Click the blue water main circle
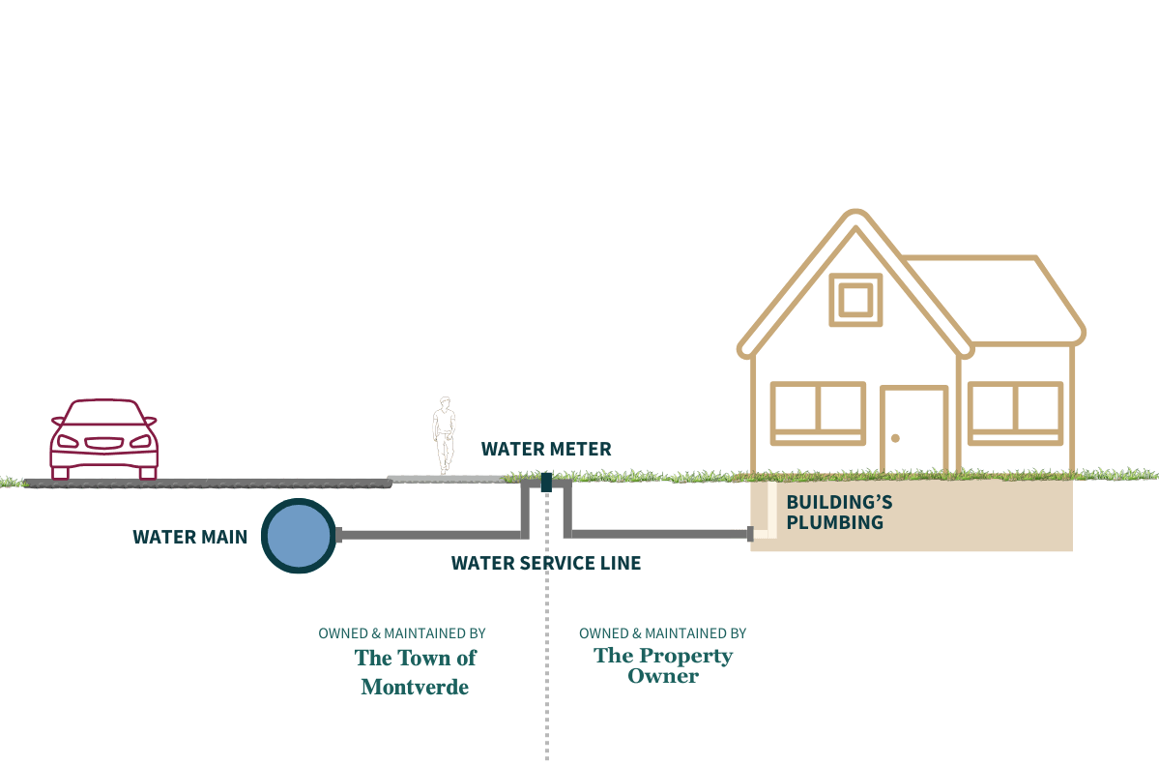click(299, 536)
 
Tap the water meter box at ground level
click(546, 481)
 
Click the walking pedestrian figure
click(444, 434)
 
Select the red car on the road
click(103, 439)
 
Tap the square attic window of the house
click(855, 300)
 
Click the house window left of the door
click(818, 413)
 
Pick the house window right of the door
click(1015, 413)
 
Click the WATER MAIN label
click(190, 537)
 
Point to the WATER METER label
click(546, 449)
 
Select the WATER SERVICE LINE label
click(545, 563)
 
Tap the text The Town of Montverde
click(415, 672)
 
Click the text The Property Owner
click(663, 665)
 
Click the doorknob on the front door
click(895, 438)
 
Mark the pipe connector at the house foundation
click(749, 534)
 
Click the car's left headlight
click(68, 441)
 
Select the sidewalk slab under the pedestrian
click(445, 478)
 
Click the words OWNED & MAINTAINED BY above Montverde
click(402, 633)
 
